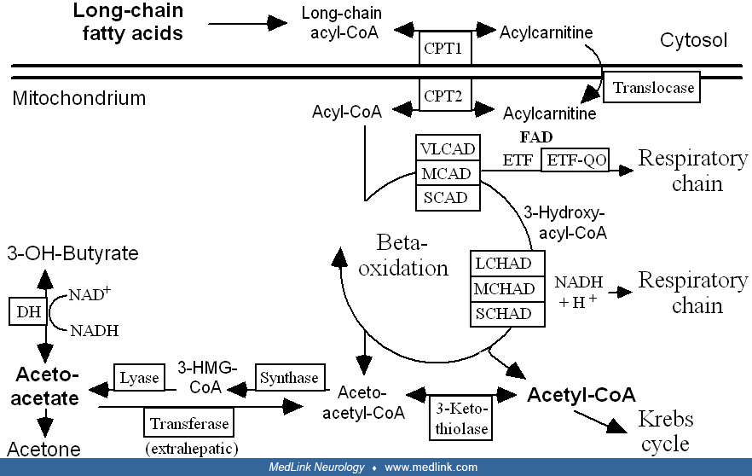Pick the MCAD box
pyautogui.click(x=447, y=172)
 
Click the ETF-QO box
pyautogui.click(x=575, y=159)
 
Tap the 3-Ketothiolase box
pyautogui.click(x=462, y=417)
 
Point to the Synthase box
pyautogui.click(x=289, y=378)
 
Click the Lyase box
pyautogui.click(x=138, y=378)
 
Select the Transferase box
pyautogui.click(x=189, y=422)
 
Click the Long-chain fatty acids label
pyautogui.click(x=127, y=22)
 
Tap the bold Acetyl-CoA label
pyautogui.click(x=581, y=395)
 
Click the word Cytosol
pyautogui.click(x=693, y=40)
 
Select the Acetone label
pyautogui.click(x=43, y=449)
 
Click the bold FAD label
pyautogui.click(x=536, y=137)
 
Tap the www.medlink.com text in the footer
pyautogui.click(x=431, y=467)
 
